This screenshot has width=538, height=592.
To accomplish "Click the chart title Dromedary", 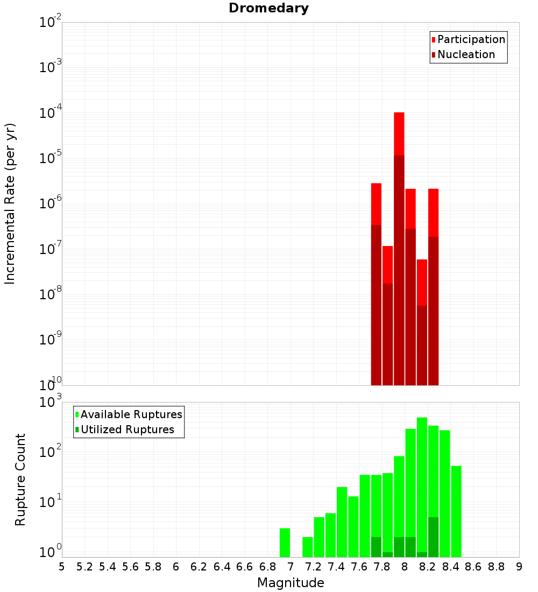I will [268, 8].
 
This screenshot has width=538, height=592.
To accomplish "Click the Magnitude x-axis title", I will [291, 583].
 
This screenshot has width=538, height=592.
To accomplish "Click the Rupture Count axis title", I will [20, 480].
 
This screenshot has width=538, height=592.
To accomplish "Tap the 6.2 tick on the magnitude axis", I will [199, 567].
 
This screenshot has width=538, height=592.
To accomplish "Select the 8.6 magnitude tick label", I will [473, 567].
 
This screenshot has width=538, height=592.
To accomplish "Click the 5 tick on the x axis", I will [62, 567].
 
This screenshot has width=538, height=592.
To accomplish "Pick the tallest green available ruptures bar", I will [422, 484].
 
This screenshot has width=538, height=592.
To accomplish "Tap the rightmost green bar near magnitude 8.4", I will [456, 511].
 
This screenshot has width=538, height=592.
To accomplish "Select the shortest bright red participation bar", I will [422, 282].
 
